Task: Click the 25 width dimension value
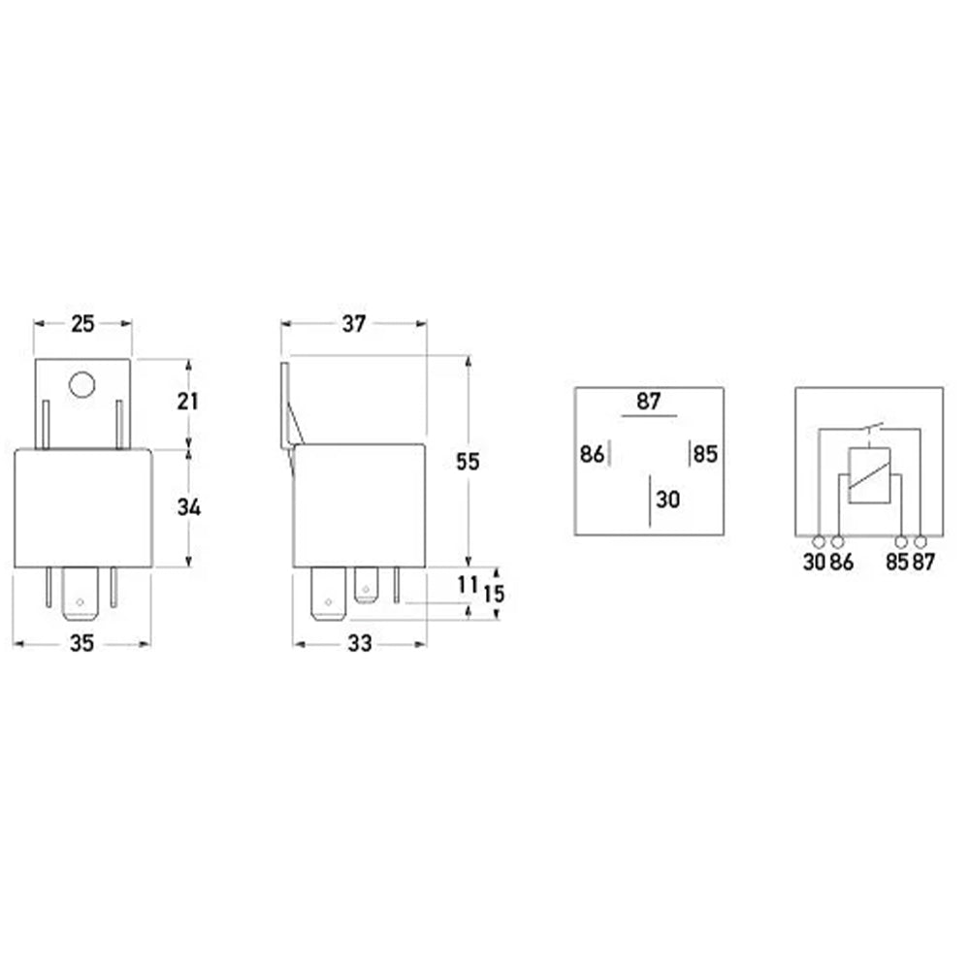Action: pos(82,324)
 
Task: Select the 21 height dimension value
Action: pos(188,402)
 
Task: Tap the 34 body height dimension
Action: pos(189,507)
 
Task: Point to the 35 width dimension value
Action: pos(81,643)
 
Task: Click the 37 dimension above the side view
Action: pos(354,324)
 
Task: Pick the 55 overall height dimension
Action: pos(468,462)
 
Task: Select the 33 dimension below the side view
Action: pos(360,643)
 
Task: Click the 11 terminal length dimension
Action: pos(468,584)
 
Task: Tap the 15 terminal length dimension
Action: pos(494,594)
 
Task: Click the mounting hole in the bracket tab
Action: pos(81,385)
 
